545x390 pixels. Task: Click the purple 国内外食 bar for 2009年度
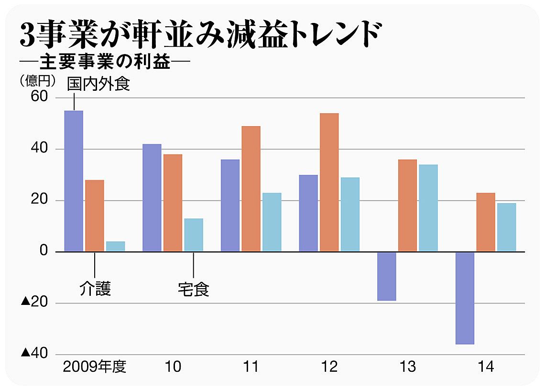[x=74, y=181]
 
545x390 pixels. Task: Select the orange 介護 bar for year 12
[x=329, y=183]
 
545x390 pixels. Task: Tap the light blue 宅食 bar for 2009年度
[x=115, y=247]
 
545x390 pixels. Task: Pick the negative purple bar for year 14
[x=465, y=298]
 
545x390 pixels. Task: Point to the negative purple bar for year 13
[x=387, y=276]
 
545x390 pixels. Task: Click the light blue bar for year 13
[x=428, y=208]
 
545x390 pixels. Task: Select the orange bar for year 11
[x=251, y=189]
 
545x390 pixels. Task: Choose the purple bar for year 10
[x=152, y=198]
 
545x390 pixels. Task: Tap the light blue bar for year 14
[x=506, y=227]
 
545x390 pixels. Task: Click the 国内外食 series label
[x=98, y=84]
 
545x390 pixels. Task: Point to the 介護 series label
[x=95, y=289]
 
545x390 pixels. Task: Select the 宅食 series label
[x=194, y=289]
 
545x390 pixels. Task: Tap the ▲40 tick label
[x=34, y=353]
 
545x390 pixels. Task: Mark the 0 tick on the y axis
[x=44, y=250]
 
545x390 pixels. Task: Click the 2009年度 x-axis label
[x=95, y=367]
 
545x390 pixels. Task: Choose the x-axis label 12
[x=329, y=367]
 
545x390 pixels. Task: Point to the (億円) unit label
[x=38, y=81]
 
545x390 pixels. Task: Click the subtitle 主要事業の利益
[x=105, y=62]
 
